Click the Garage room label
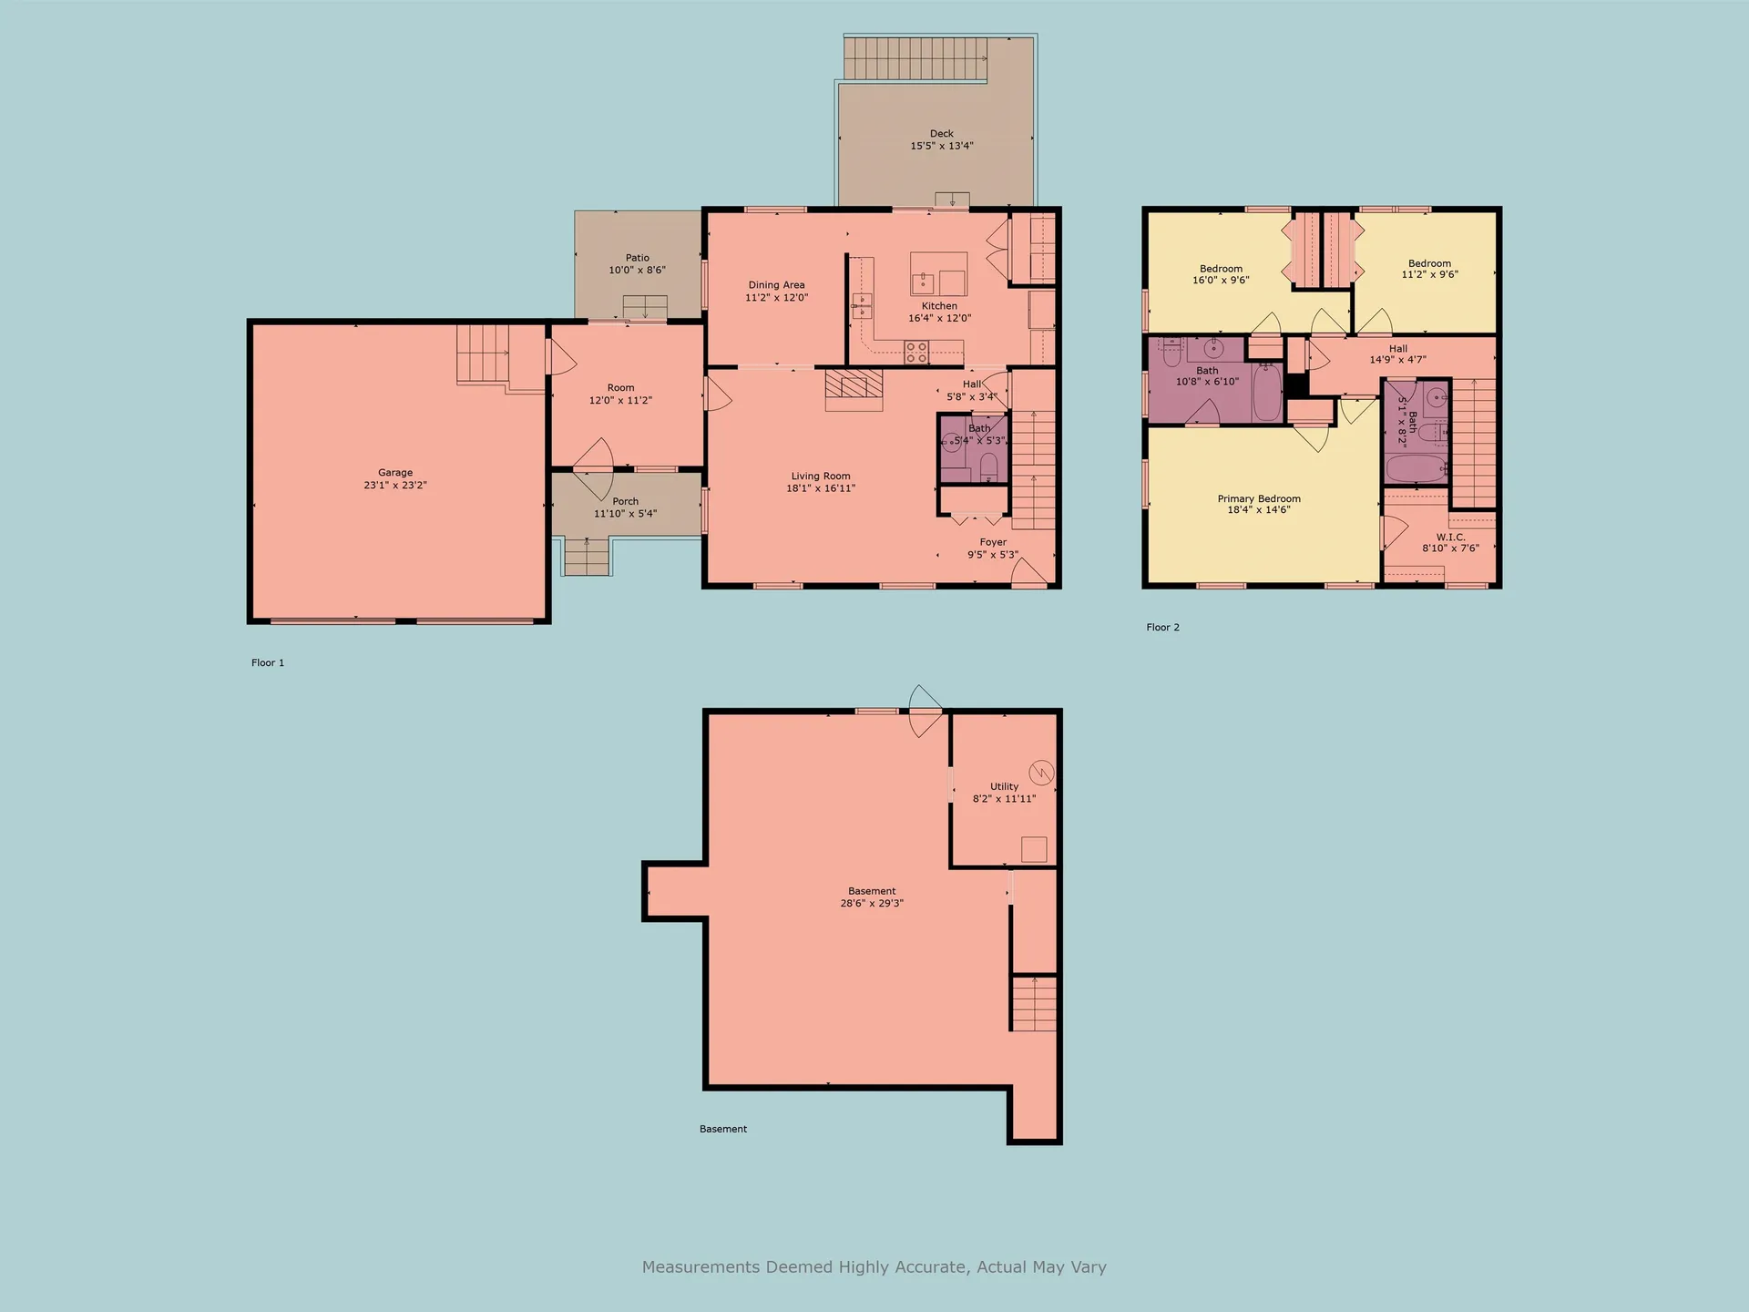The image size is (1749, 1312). coord(395,473)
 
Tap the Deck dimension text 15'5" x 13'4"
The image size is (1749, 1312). coord(942,146)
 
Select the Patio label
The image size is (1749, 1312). coord(638,258)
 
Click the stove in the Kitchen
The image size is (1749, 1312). coord(916,352)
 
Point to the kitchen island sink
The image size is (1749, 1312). coord(923,281)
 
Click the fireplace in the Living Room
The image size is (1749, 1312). coord(854,386)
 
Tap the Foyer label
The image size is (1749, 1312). coord(993,542)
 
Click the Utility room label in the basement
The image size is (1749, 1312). coord(1004,786)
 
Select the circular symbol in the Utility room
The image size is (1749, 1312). coord(1041,774)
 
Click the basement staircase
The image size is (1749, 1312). coord(1034,1003)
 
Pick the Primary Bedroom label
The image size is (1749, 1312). coord(1259,498)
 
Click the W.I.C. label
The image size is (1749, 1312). coord(1450,537)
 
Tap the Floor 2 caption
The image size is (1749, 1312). coord(1162,627)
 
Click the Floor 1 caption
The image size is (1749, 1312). coord(268,662)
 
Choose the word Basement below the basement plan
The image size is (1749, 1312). coord(723,1129)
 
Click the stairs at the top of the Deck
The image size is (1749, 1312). coord(915,58)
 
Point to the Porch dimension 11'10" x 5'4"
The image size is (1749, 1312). coord(625,514)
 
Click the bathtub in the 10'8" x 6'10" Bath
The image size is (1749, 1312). coord(1266,393)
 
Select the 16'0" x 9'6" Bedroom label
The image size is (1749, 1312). coord(1221,269)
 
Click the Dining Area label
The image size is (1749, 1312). coord(776,285)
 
